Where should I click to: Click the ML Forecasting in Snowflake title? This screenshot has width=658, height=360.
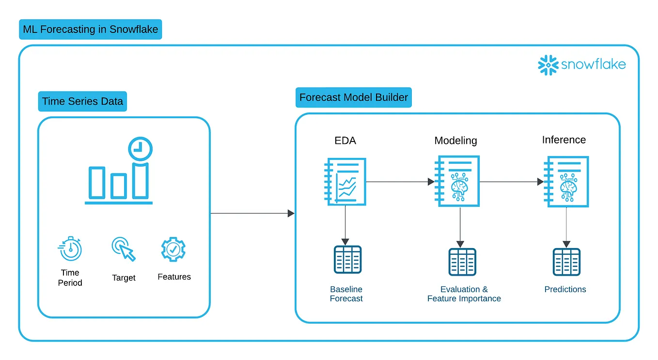point(90,30)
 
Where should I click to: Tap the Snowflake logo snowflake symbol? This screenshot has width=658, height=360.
point(548,65)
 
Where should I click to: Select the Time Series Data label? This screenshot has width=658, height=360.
point(82,102)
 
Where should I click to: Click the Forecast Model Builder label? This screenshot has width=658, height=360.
point(354,97)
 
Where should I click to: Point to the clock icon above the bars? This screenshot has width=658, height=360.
point(140,149)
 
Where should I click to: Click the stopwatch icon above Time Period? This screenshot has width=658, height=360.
point(70,249)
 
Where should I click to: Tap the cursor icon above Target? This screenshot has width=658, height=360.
point(124,249)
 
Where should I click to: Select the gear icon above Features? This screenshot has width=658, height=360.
point(173,249)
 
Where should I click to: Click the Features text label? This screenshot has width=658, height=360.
point(174,277)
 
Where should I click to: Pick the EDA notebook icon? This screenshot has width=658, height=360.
point(345,181)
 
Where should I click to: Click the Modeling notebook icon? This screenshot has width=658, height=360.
point(458,181)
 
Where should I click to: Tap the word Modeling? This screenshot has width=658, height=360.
point(455,141)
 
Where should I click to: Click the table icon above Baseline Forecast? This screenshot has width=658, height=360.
point(347,260)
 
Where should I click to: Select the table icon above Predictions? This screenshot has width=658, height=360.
point(566,262)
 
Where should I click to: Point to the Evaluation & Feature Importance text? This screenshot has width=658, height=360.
point(464,294)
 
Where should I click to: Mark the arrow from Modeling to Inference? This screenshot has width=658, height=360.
point(511,182)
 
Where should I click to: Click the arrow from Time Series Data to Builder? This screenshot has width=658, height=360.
point(252,213)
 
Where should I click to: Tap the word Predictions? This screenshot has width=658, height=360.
point(565,289)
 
